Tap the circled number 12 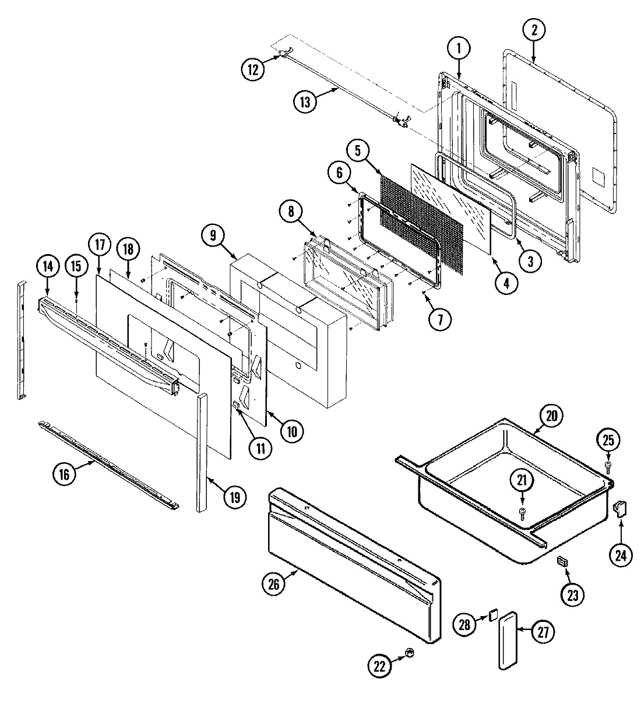pyautogui.click(x=252, y=69)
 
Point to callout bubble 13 pyautogui.click(x=305, y=101)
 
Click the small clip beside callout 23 pyautogui.click(x=562, y=561)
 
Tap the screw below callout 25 pyautogui.click(x=608, y=465)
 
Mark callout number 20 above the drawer pyautogui.click(x=551, y=416)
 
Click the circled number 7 pyautogui.click(x=441, y=319)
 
